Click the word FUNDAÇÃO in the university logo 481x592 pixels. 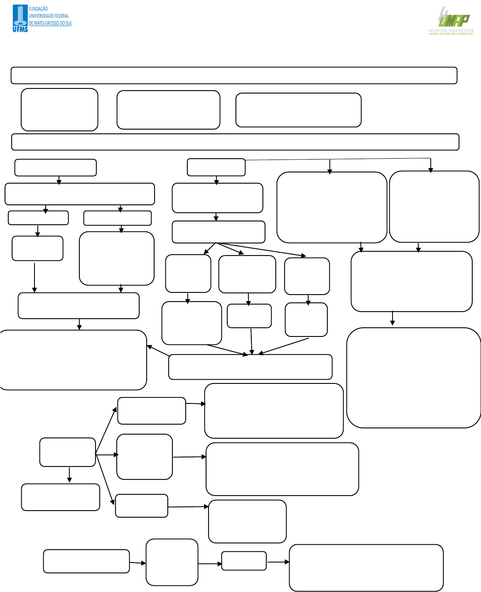point(38,9)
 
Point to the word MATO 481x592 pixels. point(39,23)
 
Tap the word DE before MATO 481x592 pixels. point(31,23)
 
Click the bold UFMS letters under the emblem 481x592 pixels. point(20,29)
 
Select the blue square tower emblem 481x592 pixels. point(20,15)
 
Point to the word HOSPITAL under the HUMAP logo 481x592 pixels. point(438,30)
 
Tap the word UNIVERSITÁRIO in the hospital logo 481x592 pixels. point(461,30)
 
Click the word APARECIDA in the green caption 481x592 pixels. point(449,34)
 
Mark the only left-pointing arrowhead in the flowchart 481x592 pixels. point(150,346)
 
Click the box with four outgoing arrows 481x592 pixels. point(68,452)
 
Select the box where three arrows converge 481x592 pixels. point(250,367)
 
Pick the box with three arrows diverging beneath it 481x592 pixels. point(218,232)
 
